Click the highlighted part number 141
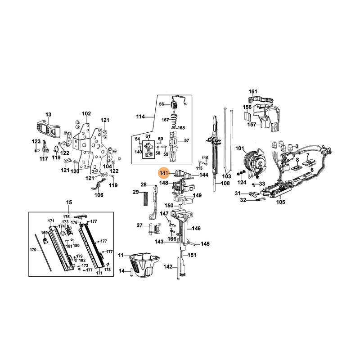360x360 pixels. [x=164, y=173]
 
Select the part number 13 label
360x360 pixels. [x=49, y=114]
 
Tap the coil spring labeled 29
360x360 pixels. [x=144, y=198]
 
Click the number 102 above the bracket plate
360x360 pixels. [x=86, y=114]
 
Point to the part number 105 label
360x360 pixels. [x=280, y=202]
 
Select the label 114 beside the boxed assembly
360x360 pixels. [x=140, y=117]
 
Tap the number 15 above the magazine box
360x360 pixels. [x=69, y=202]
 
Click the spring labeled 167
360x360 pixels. [x=175, y=121]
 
